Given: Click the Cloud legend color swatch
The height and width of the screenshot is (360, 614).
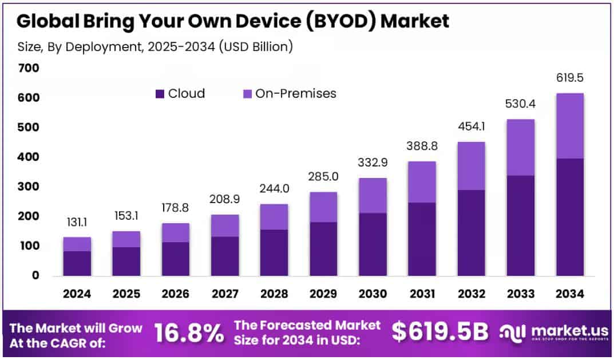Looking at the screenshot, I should coord(159,94).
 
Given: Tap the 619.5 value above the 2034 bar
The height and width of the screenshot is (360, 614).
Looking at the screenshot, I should coord(570,78).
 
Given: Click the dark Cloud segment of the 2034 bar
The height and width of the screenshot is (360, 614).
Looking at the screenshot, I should coord(570,217).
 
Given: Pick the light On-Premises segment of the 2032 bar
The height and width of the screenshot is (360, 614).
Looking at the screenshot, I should coord(472,166).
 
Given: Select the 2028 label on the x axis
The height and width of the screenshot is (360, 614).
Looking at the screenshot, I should coord(274,294).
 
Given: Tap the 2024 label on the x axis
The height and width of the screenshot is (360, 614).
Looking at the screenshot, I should coord(77,294).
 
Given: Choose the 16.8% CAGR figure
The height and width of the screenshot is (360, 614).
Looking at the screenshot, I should coord(189,333).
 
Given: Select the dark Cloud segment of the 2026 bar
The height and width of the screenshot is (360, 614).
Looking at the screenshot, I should coord(175,259).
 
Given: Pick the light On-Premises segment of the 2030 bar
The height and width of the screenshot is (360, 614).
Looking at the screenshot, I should coord(373,196).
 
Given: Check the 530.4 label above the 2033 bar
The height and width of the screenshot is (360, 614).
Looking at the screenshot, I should coord(520,104).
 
